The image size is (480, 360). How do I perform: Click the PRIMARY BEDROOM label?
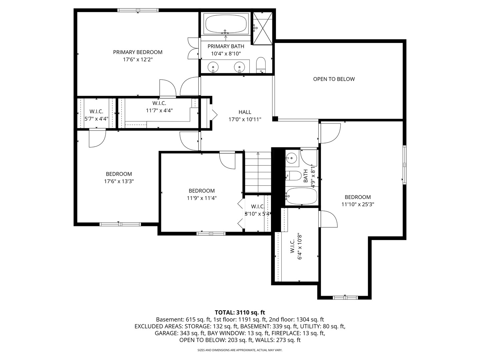[x=138, y=52]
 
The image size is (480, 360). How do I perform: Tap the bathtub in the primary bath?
[x=226, y=24]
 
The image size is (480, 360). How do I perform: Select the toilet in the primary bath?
[x=261, y=65]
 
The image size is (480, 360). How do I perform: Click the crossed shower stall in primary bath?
[x=263, y=28]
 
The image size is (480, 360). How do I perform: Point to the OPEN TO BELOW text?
[x=334, y=79]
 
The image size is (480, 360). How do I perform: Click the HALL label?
[x=245, y=112]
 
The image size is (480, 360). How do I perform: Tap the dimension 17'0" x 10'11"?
[x=245, y=120]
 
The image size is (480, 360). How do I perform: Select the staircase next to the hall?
[x=258, y=172]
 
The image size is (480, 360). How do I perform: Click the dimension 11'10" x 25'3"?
[x=358, y=204]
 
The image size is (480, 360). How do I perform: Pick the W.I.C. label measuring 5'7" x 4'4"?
[x=96, y=111]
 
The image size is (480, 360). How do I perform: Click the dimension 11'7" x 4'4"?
[x=159, y=110]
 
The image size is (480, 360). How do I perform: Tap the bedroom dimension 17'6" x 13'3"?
[x=119, y=181]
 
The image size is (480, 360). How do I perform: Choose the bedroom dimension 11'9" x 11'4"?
[x=202, y=198]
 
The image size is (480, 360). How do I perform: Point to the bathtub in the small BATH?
[x=302, y=196]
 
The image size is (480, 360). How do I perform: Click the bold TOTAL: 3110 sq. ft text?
[x=240, y=312]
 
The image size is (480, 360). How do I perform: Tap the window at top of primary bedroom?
[x=138, y=10]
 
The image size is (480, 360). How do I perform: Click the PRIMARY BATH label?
[x=226, y=46]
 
